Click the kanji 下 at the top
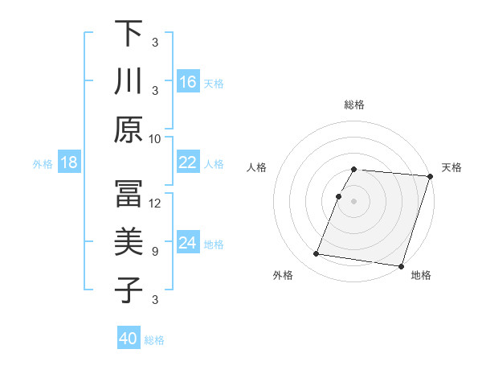point(129,35)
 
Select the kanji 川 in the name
point(129,81)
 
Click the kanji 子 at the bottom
point(129,290)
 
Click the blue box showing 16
point(188,82)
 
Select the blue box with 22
point(188,162)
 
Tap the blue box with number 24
point(188,244)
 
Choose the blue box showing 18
point(69,163)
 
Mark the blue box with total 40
point(129,339)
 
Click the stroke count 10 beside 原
point(155,138)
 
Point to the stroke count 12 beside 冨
point(155,203)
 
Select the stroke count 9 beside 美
point(155,252)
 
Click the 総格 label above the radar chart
point(354,105)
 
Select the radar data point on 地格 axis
point(400,265)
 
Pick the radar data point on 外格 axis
point(317,254)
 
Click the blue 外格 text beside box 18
point(43,164)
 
